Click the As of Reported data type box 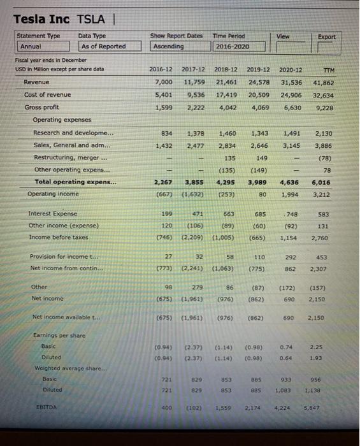pyautogui.click(x=103, y=47)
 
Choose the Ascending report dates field pyautogui.click(x=167, y=47)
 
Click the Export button pyautogui.click(x=327, y=37)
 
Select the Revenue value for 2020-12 pyautogui.click(x=291, y=82)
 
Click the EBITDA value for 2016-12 pyautogui.click(x=166, y=406)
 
